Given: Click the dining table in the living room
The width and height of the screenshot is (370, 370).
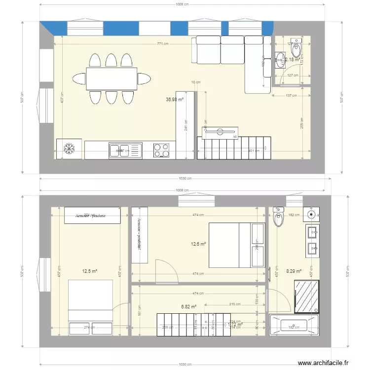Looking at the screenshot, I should coord(112,78).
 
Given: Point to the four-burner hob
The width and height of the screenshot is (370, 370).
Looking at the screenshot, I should coord(161,150).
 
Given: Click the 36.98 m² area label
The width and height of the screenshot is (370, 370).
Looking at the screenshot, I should coord(175,99).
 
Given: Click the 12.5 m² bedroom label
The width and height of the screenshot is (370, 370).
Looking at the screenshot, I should coord(89,271).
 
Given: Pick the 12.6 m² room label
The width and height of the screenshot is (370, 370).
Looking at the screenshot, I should coord(199,244).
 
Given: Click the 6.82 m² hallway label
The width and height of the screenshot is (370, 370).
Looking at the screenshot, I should coord(189,306).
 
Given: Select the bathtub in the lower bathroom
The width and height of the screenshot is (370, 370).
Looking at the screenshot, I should coord(295,326).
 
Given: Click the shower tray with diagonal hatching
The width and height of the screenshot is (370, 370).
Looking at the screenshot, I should coord(306,296).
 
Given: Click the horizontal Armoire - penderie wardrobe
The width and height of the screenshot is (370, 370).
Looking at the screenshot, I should coord(93,215).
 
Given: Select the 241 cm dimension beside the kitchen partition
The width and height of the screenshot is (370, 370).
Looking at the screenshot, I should coord(186,126).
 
